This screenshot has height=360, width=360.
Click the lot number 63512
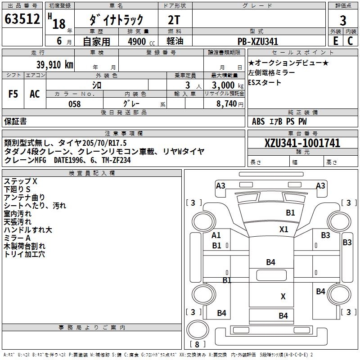click(22, 19)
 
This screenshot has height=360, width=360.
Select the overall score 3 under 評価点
click(343, 20)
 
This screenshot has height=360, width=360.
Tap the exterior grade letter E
click(336, 41)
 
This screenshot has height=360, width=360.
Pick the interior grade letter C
click(350, 41)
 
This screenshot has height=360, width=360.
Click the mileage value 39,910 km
click(55, 65)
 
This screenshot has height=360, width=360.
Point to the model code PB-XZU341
click(258, 41)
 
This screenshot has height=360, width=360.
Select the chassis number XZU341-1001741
click(302, 143)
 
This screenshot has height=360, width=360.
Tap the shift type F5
click(13, 94)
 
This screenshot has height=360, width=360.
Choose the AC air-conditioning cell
click(35, 94)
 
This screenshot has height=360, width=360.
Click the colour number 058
click(75, 104)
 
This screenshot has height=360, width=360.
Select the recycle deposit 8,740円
click(230, 104)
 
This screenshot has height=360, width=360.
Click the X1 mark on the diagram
click(284, 229)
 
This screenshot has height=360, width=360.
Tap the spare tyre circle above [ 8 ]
click(198, 330)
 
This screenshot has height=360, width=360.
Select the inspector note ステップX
click(20, 181)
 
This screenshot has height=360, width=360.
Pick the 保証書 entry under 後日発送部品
click(15, 121)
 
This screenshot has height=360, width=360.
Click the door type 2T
click(174, 20)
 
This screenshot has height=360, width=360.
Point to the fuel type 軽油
click(175, 41)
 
